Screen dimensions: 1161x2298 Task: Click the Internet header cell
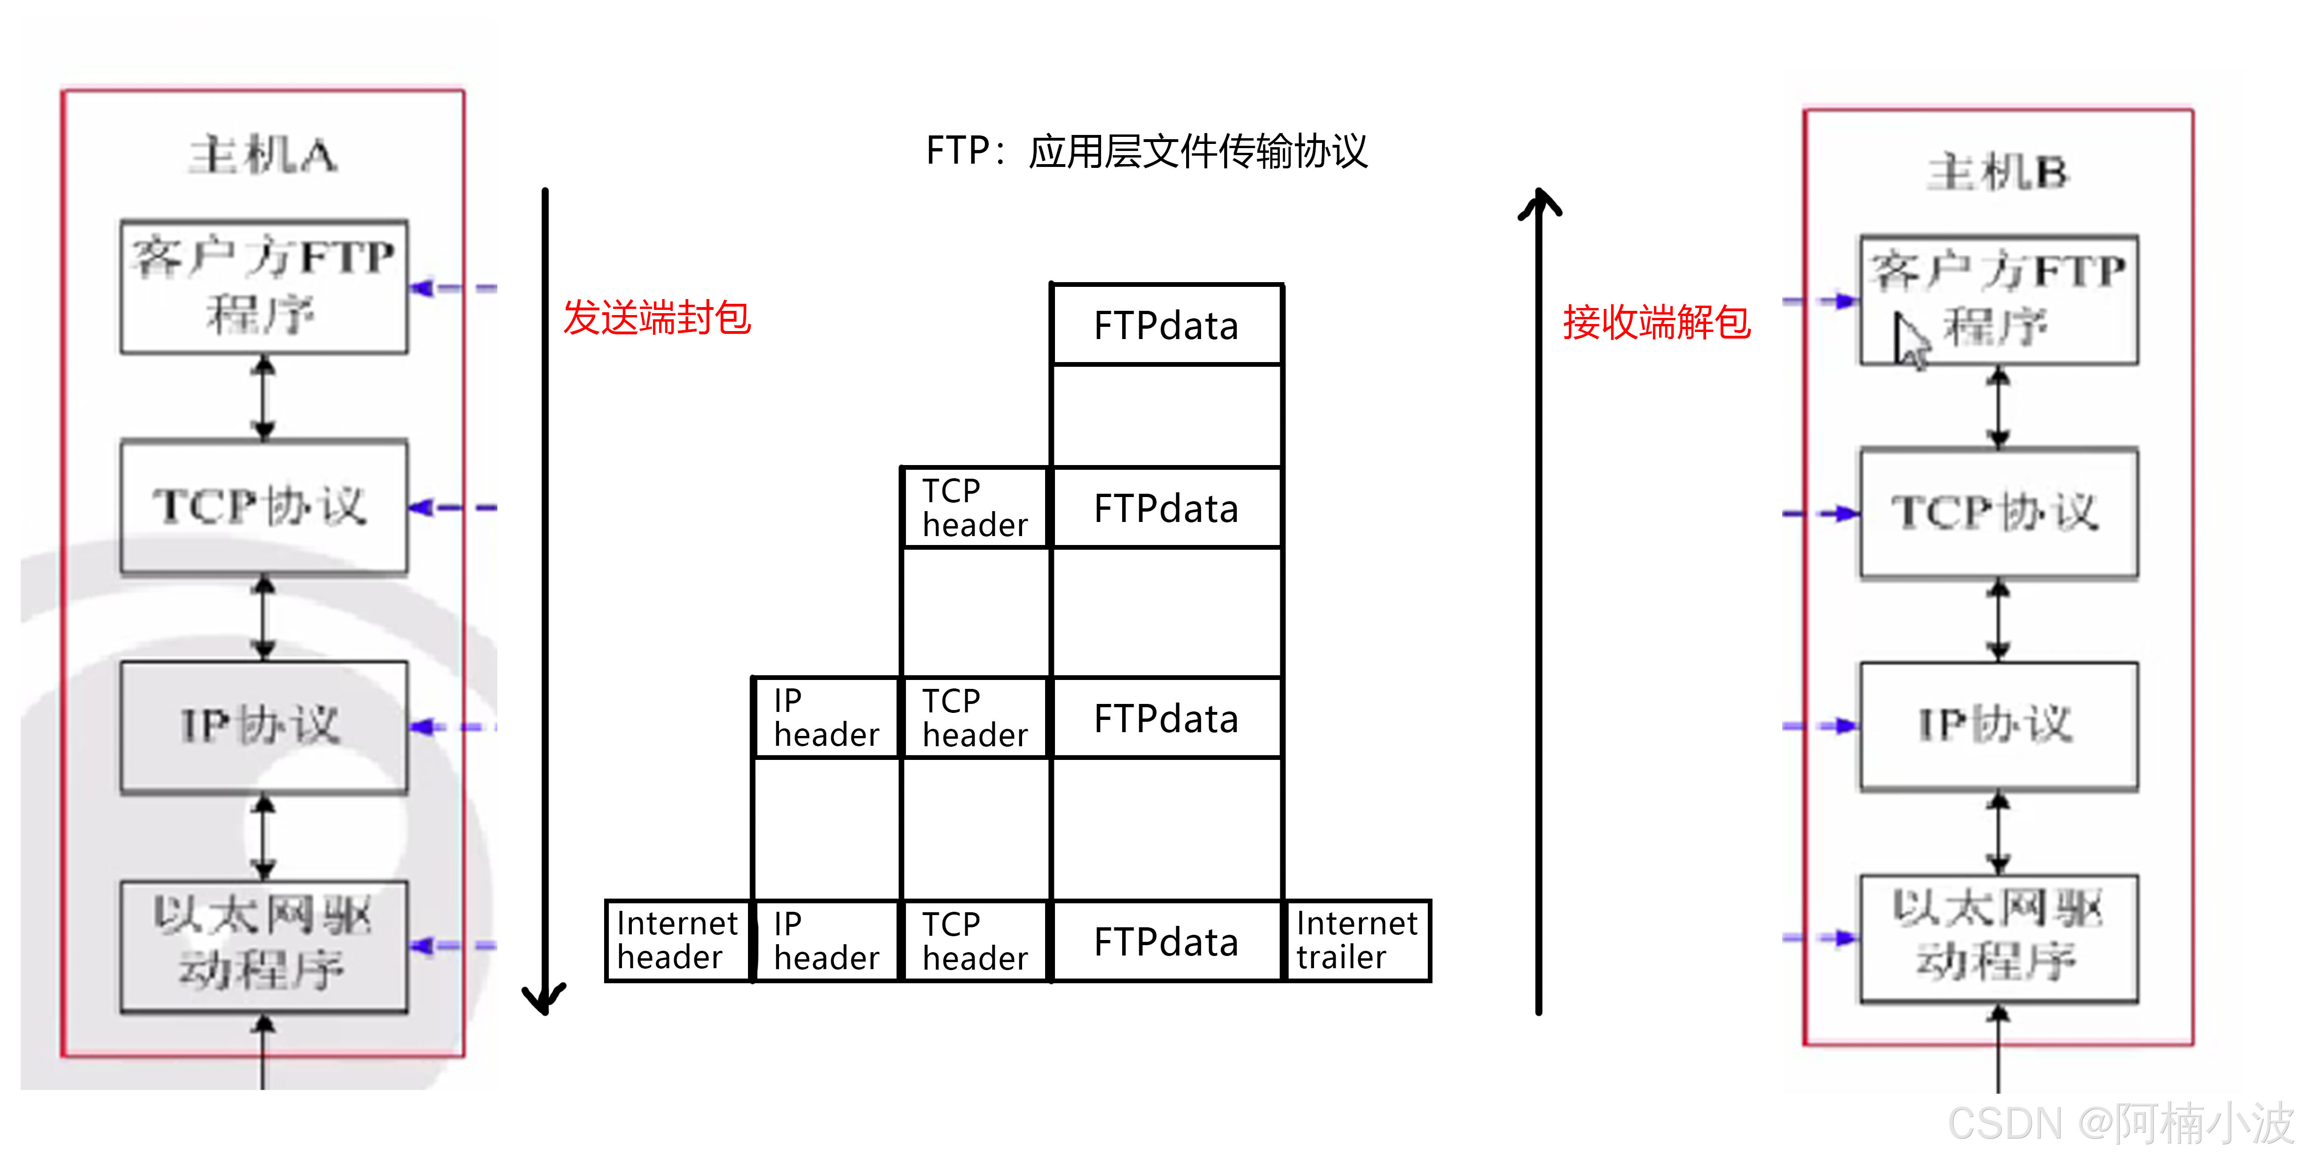pos(678,941)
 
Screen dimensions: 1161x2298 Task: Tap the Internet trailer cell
pos(1357,941)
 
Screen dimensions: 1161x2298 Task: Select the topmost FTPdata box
pos(1167,325)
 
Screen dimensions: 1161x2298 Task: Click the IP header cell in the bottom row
pos(826,941)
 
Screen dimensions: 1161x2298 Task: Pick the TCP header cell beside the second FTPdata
pos(975,508)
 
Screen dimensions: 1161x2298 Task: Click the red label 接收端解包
pos(1657,322)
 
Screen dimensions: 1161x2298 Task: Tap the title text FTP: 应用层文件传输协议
pos(1146,151)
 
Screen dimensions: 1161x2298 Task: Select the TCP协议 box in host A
pos(264,507)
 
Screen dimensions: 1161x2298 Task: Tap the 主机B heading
pos(1998,172)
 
